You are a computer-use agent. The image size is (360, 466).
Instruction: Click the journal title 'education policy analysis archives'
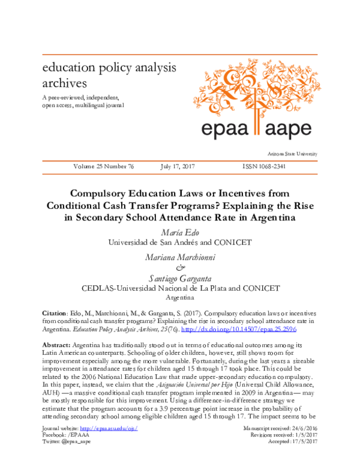pos(100,74)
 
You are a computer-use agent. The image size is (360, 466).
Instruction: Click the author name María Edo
pos(179,232)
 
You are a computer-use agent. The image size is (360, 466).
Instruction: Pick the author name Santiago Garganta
pos(179,277)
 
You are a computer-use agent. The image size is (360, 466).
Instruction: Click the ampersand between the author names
pos(179,267)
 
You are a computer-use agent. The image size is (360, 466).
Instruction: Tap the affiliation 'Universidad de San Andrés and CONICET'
pos(179,243)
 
